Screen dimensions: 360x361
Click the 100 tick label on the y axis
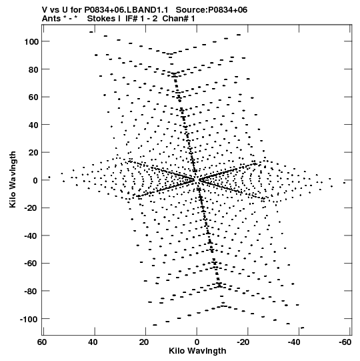pos(32,41)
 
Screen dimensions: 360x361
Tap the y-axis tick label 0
pos(35,180)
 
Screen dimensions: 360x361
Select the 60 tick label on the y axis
pos(34,97)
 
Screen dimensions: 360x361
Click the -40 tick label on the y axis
pos(31,236)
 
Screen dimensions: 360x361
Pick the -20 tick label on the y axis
pos(31,208)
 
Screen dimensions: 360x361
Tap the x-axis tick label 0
pos(197,342)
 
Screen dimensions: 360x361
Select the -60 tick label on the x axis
pos(345,342)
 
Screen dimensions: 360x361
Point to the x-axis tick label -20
pos(243,342)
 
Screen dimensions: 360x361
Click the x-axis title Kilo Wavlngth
pos(197,351)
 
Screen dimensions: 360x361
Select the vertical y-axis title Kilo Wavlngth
pos(13,179)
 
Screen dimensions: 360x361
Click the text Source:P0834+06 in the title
pos(211,10)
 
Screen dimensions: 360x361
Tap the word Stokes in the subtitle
pos(101,19)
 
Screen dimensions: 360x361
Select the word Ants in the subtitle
pos(51,19)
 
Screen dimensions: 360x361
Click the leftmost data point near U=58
pos(49,177)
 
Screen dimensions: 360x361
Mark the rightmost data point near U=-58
pos(345,183)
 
